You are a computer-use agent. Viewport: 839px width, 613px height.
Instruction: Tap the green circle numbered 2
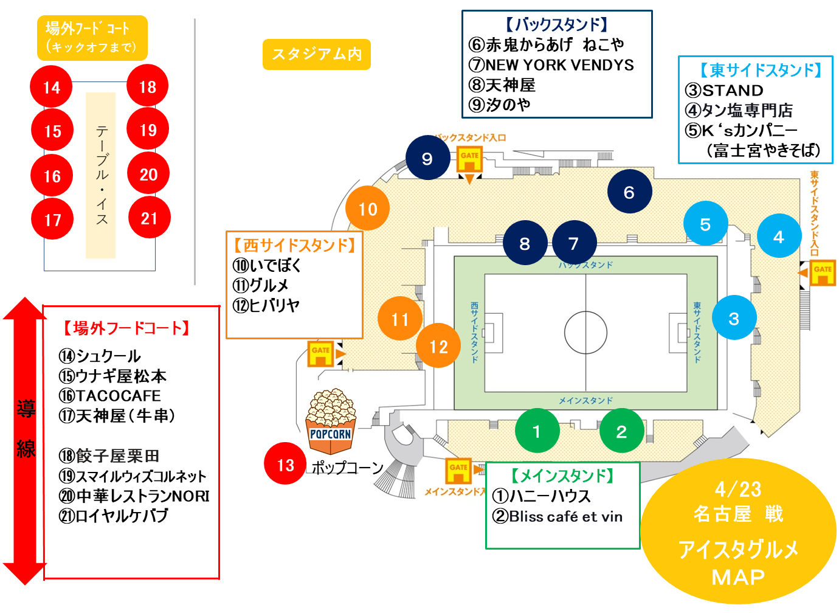(x=621, y=431)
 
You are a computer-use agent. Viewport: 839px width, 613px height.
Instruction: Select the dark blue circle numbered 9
(x=427, y=158)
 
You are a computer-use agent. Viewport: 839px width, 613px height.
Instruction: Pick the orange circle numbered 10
(x=367, y=209)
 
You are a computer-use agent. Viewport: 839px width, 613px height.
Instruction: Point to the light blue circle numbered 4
(x=778, y=236)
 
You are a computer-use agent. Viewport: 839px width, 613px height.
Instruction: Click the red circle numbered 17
(x=52, y=219)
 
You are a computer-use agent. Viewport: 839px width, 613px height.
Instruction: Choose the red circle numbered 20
(x=148, y=175)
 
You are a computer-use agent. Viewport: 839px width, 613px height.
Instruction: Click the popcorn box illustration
(x=331, y=423)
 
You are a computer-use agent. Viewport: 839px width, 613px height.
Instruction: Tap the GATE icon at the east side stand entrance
(x=823, y=272)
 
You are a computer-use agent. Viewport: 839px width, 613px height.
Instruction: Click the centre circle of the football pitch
(x=585, y=332)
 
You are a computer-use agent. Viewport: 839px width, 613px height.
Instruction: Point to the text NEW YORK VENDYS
(x=559, y=65)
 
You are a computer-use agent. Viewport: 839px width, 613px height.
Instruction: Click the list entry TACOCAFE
(x=118, y=396)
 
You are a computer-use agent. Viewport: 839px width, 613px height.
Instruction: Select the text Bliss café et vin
(x=565, y=517)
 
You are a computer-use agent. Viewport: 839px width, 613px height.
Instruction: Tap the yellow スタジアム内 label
(x=317, y=55)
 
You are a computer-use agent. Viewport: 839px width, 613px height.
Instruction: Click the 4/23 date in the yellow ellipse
(x=738, y=489)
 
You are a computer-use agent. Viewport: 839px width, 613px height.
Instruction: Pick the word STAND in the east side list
(x=733, y=91)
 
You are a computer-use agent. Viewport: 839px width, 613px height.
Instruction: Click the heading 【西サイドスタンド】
(x=294, y=245)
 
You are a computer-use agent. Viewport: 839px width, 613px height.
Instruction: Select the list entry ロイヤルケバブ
(x=122, y=516)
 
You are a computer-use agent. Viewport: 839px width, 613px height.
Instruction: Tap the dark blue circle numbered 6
(x=629, y=192)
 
